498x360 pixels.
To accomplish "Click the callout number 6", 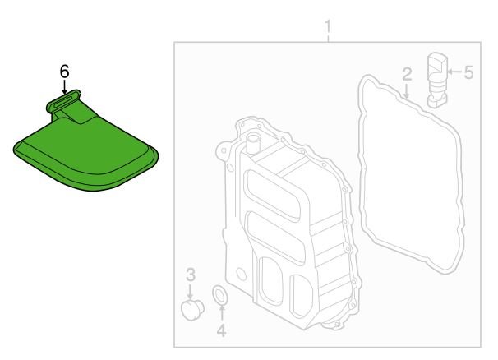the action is (x=64, y=72).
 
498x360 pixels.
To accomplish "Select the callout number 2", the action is (x=407, y=74).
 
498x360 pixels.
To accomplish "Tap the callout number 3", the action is (x=191, y=275).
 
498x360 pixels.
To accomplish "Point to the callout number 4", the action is (x=221, y=330).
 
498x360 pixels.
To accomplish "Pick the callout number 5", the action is (x=468, y=72).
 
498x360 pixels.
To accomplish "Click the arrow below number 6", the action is (x=65, y=87).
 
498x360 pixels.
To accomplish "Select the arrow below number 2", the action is (x=406, y=90).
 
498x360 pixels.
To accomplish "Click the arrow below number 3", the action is (x=190, y=291).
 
